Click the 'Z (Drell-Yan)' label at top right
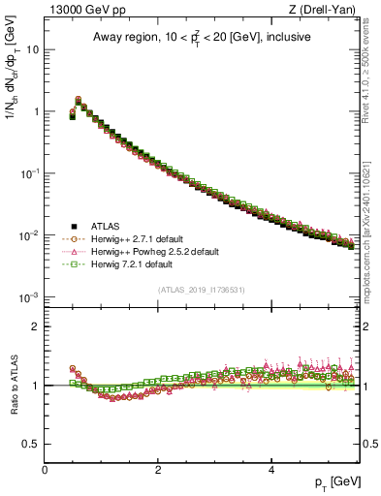click(326, 10)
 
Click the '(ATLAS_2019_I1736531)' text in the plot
click(203, 290)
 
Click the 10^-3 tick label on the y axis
click(29, 296)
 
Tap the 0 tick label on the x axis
click(45, 470)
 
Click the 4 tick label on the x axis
click(270, 470)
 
